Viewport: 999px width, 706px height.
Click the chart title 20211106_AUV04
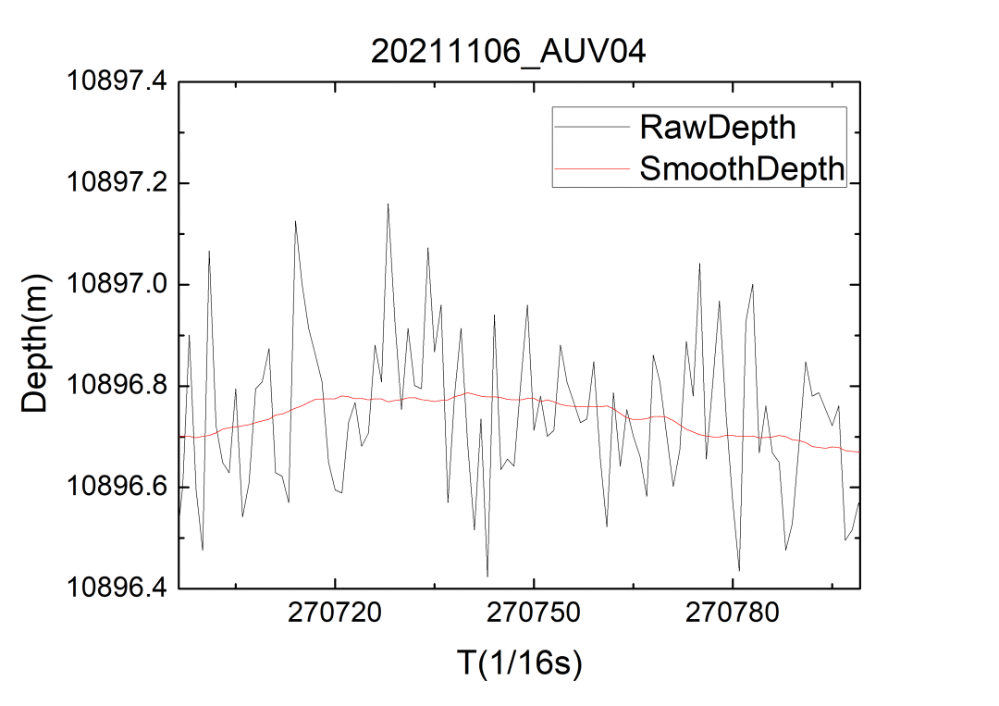508,51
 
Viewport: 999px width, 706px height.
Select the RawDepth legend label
717,126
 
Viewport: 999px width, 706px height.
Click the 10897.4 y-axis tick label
117,81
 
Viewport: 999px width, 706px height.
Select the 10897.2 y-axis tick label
117,183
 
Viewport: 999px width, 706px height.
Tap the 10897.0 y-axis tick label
117,284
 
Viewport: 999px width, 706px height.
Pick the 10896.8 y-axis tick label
117,386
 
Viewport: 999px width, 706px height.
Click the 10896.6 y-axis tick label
117,487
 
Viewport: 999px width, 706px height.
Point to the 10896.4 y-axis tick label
117,588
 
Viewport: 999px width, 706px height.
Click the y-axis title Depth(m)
36,343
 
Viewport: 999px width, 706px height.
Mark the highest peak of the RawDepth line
388,204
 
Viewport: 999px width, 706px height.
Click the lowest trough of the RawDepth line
487,576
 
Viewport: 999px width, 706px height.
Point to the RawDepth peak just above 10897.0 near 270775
699,263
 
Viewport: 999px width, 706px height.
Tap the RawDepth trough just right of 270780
739,571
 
